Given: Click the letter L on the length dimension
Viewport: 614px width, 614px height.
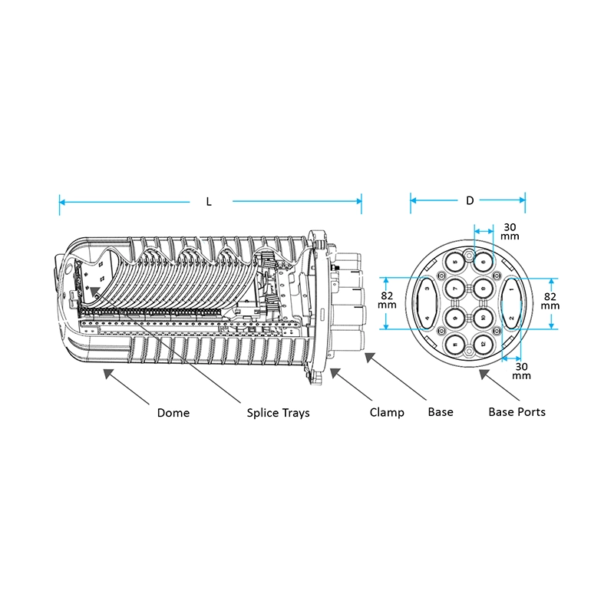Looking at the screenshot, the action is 209,202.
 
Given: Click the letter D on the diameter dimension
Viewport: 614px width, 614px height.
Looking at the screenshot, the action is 470,200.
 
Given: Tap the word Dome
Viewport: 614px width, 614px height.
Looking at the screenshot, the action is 173,413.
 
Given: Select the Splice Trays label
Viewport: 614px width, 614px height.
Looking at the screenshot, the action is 278,413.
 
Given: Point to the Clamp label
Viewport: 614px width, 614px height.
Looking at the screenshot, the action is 387,412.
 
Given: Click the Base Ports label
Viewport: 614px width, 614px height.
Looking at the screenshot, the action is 517,412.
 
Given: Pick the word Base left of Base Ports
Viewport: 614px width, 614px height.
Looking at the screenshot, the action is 441,412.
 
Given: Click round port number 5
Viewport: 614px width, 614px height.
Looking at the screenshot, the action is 454,262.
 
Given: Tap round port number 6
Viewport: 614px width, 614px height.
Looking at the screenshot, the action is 484,262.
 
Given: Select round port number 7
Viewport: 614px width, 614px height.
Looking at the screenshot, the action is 454,289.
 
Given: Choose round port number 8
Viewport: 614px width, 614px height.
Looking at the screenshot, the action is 484,289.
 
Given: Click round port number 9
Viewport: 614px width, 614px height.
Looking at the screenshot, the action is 454,318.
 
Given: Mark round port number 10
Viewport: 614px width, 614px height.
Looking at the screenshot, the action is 484,318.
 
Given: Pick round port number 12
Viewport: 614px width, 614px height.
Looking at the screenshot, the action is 484,344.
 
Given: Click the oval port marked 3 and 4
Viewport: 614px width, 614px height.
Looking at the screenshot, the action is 427,303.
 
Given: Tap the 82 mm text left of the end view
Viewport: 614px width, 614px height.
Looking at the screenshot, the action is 387,300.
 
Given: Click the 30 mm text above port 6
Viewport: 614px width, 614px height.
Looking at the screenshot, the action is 510,232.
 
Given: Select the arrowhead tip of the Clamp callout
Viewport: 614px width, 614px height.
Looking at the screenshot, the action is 331,368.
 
